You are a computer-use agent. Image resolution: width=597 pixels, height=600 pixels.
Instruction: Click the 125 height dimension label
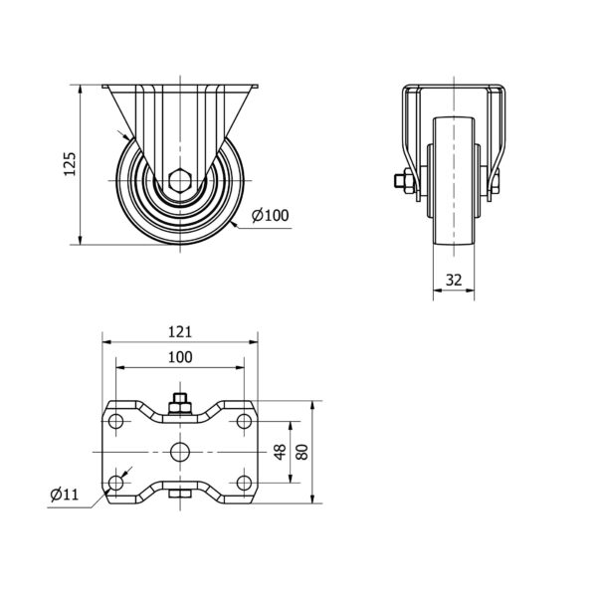(x=70, y=164)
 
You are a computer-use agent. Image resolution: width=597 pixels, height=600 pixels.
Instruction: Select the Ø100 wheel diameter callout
(x=271, y=216)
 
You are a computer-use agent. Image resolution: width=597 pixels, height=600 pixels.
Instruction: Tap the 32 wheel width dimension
(x=454, y=281)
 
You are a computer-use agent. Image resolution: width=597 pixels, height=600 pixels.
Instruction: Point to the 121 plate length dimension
(x=180, y=331)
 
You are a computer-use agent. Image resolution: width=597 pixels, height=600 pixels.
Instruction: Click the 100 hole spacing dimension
(x=180, y=357)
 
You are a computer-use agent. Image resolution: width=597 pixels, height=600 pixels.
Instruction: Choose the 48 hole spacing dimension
(x=281, y=452)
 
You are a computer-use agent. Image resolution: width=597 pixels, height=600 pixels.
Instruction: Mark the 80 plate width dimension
(x=301, y=452)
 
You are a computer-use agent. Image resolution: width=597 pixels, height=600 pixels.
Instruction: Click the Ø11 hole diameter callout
(x=65, y=495)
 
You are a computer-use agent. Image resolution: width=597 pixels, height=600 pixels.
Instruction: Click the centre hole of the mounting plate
(x=180, y=452)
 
